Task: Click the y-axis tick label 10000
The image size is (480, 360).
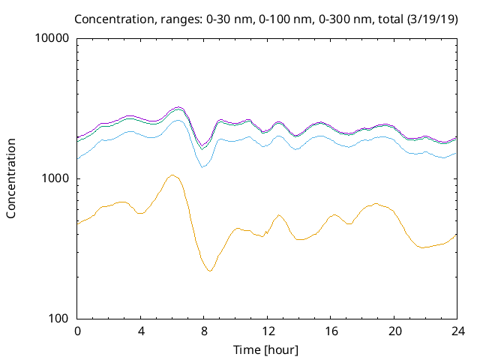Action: tap(53, 39)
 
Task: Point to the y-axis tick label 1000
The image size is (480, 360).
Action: tap(56, 178)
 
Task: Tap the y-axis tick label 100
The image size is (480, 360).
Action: tap(59, 319)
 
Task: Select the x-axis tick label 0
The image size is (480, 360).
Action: tap(77, 331)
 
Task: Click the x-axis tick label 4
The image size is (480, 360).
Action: tap(141, 331)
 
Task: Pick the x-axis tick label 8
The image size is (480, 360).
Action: tap(204, 331)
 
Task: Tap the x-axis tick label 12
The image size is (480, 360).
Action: tap(268, 331)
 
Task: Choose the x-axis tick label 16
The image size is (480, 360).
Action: tap(331, 331)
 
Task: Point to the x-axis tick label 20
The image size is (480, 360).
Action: tap(394, 331)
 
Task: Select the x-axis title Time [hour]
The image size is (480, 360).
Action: tap(267, 349)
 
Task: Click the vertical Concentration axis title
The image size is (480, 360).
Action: tap(11, 178)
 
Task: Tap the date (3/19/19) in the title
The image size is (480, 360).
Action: tap(433, 18)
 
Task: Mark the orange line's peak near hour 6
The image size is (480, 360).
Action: tap(172, 175)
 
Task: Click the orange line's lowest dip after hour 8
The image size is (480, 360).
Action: tap(211, 271)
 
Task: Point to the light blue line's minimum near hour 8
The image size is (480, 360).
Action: tap(203, 167)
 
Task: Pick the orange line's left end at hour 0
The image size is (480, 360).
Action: tap(77, 223)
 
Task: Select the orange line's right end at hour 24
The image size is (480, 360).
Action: tap(457, 234)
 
